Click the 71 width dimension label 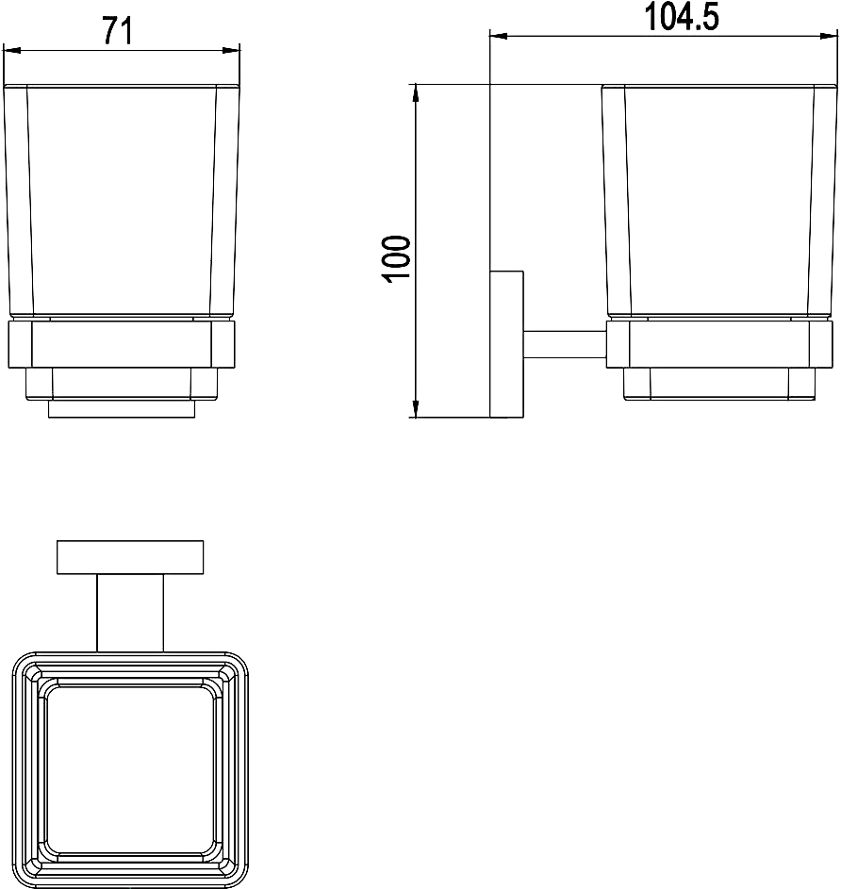[118, 30]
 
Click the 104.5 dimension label [682, 17]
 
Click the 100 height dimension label [397, 259]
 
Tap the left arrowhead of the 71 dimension [12, 51]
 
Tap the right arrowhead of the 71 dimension [231, 51]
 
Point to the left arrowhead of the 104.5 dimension [499, 36]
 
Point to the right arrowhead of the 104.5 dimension [828, 36]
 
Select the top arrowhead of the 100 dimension [415, 93]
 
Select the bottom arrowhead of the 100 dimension [415, 409]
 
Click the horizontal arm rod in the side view [565, 345]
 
